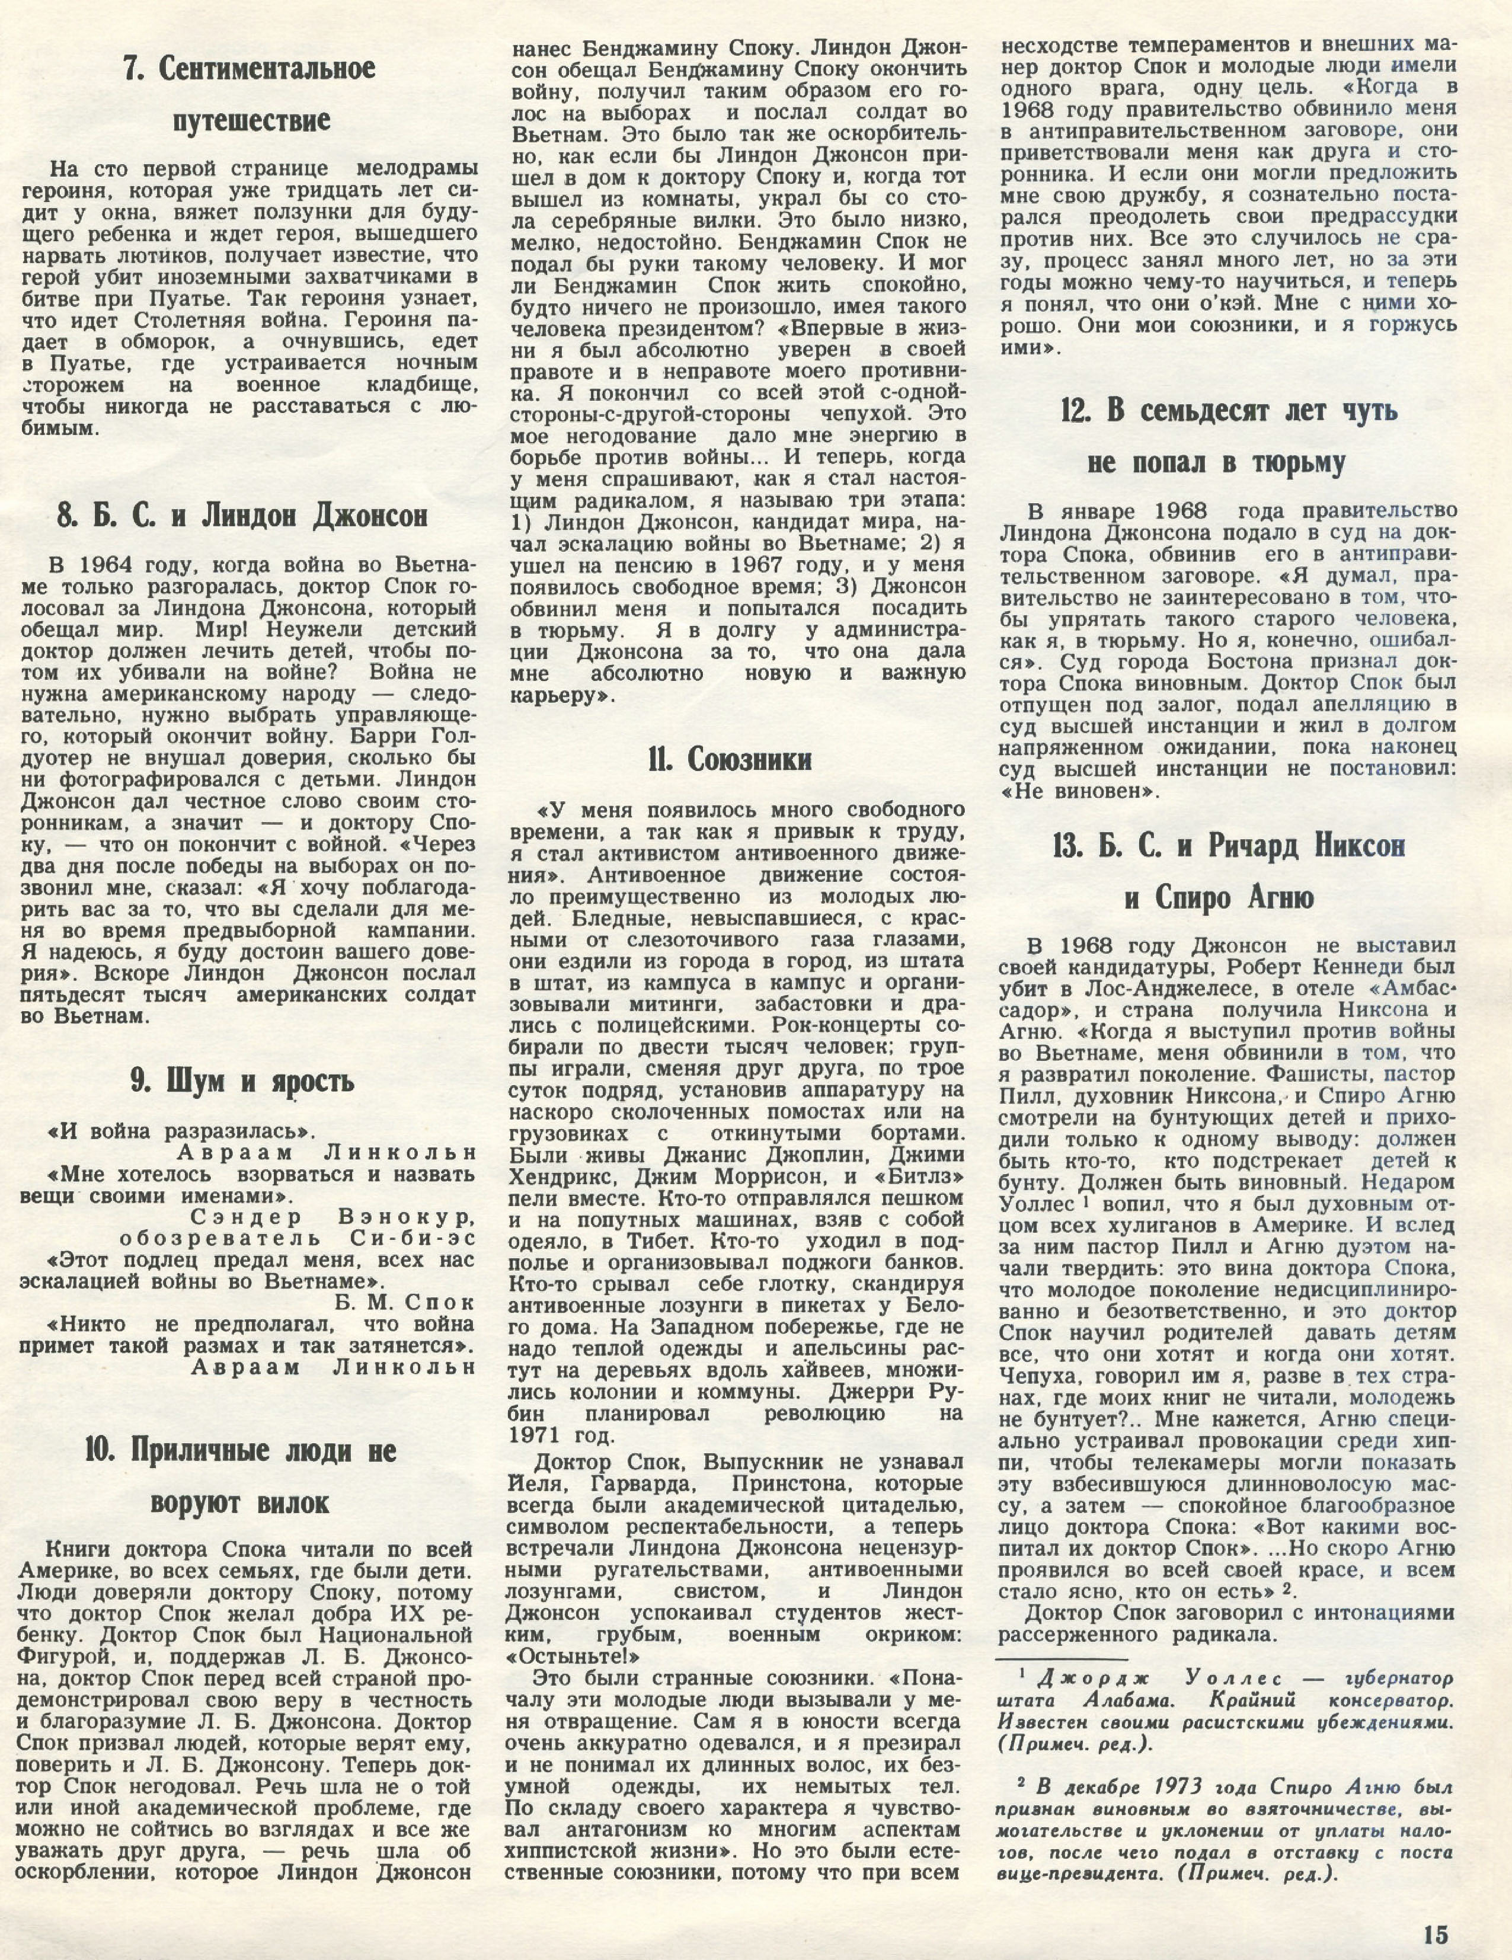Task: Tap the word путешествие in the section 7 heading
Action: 247,120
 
